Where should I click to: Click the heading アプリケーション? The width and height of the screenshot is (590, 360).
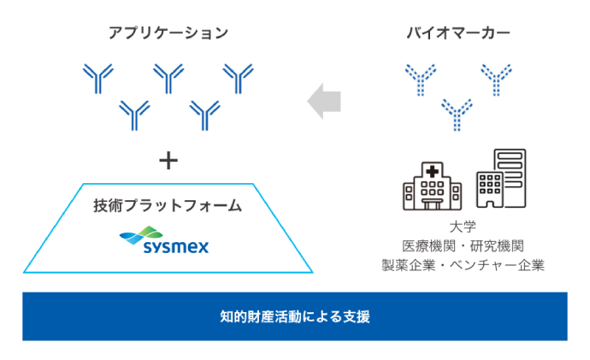click(x=168, y=33)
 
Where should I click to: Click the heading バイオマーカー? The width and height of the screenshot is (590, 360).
click(x=457, y=33)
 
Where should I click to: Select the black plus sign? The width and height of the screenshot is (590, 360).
click(x=169, y=159)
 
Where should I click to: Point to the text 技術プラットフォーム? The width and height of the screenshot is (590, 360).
click(x=168, y=206)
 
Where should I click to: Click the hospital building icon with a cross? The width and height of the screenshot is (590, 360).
click(x=432, y=186)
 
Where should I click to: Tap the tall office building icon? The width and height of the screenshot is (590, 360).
click(x=500, y=179)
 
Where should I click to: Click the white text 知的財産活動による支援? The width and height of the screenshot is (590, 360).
click(x=294, y=316)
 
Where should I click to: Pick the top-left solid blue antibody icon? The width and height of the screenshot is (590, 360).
click(x=98, y=79)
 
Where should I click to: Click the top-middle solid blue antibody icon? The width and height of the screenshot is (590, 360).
click(x=168, y=79)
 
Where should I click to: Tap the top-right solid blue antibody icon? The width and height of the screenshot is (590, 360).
click(x=239, y=79)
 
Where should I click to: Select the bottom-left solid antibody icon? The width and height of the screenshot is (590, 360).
click(x=134, y=114)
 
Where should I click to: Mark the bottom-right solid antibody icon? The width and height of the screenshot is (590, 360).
click(x=204, y=114)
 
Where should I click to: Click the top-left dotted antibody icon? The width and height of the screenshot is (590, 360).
click(x=421, y=79)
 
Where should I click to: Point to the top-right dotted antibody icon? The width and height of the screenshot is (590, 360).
click(x=495, y=79)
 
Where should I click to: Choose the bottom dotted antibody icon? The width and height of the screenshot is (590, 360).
click(x=457, y=114)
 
